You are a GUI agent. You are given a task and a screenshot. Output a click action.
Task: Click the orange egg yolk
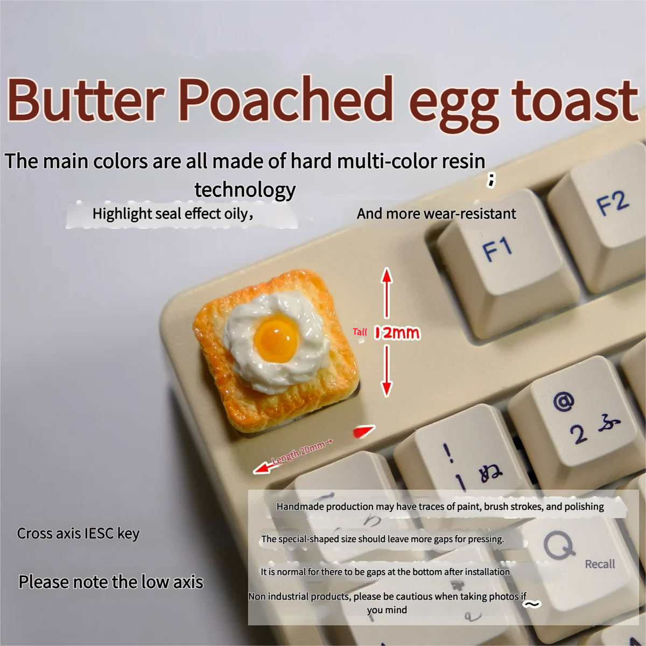pos(277,338)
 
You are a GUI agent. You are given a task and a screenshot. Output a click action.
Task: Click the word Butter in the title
pos(85,101)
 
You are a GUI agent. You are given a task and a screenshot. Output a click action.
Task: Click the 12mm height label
pos(398,333)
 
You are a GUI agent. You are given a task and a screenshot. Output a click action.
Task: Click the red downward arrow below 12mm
pos(387,371)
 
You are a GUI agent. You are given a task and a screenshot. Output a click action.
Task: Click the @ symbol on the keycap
pos(563,401)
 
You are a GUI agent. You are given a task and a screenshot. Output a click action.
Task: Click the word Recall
pos(600,564)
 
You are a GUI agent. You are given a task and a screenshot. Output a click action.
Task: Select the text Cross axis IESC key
pos(78,533)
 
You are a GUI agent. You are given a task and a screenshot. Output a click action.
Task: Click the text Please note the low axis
pos(111,582)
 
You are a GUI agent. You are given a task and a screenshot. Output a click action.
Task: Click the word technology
pos(245,189)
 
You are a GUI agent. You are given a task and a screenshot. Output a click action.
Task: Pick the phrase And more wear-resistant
pos(436,214)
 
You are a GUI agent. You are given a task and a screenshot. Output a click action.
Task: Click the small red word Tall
pos(360,332)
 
